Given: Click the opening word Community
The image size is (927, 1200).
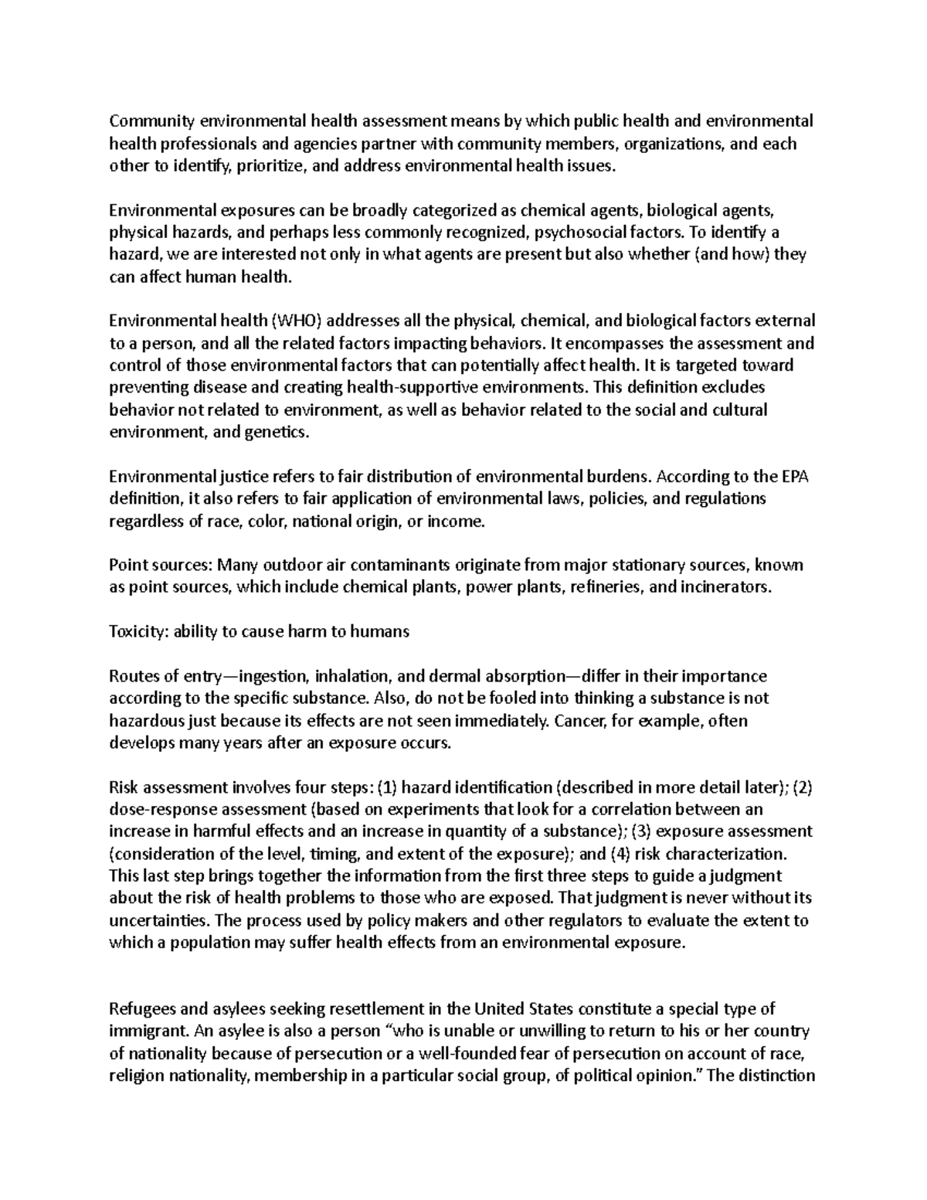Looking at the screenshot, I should click(152, 121).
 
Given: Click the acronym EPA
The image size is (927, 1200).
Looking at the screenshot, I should click(792, 477).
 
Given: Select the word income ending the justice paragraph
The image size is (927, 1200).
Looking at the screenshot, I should click(456, 522).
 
